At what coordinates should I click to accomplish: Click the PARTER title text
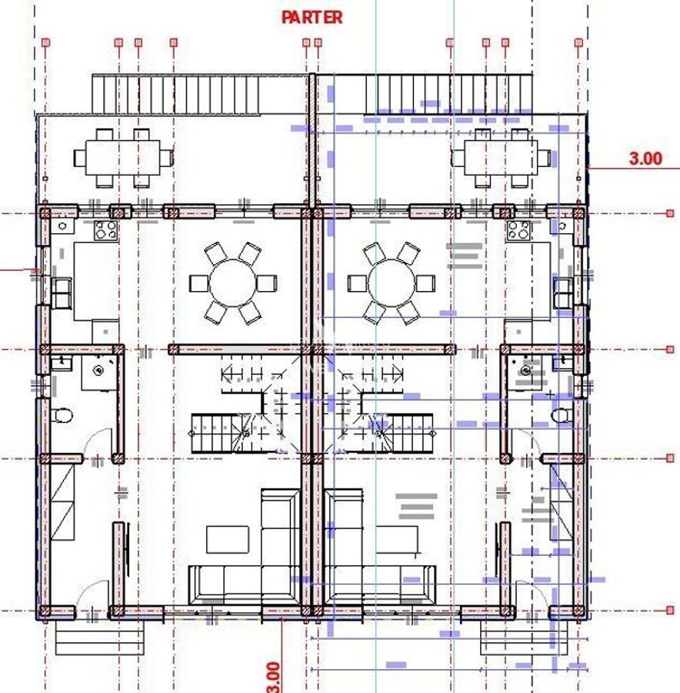pos(312,17)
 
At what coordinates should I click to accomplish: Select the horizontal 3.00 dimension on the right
pos(645,159)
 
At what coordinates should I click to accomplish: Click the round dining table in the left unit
pos(233,282)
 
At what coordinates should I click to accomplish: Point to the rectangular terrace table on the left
pos(123,158)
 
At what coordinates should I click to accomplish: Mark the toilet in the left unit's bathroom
pos(64,416)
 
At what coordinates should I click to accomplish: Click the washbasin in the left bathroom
pos(98,370)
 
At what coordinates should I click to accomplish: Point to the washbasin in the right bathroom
pos(527,370)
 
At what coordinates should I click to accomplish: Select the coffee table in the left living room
pos(228,539)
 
